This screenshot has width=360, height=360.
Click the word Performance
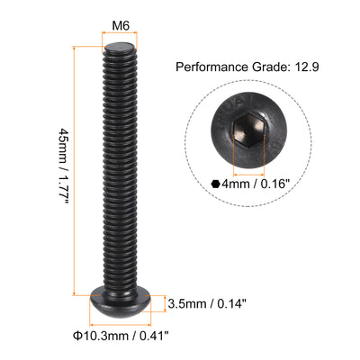click(209, 67)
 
